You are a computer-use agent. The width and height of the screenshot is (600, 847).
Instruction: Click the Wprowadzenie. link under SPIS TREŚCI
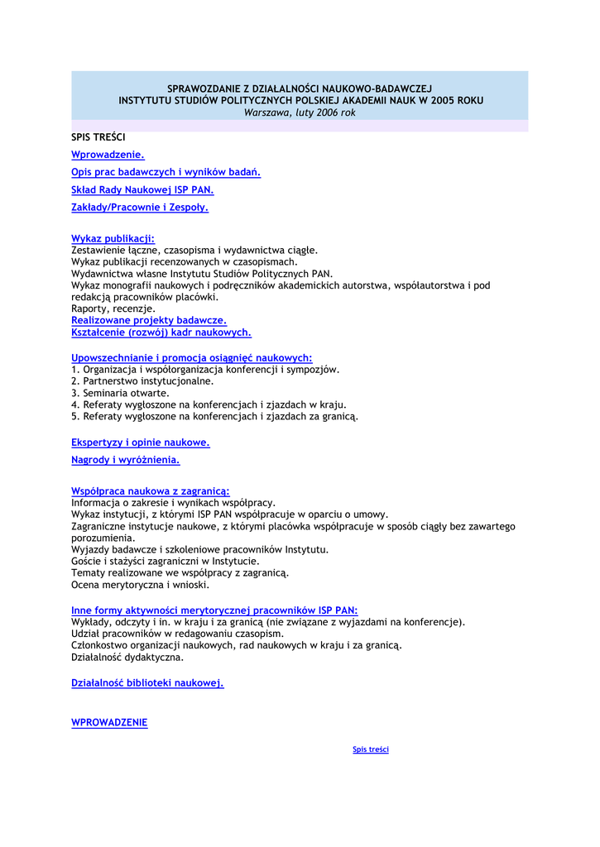click(x=108, y=155)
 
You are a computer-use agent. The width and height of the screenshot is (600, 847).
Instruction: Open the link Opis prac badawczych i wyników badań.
click(x=166, y=172)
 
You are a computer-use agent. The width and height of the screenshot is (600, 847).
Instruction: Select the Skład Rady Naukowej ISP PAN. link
click(x=142, y=189)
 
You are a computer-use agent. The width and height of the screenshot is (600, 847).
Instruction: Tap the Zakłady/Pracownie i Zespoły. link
click(x=140, y=208)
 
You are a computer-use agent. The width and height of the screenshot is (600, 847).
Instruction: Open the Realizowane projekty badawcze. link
click(x=149, y=319)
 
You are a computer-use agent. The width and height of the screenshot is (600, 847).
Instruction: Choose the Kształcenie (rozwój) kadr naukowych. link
click(x=161, y=332)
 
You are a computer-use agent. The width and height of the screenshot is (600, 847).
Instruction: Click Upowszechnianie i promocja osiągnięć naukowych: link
click(x=191, y=357)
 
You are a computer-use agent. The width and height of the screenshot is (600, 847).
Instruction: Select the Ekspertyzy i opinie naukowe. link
click(x=141, y=443)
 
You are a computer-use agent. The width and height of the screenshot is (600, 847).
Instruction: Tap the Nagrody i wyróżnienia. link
click(x=126, y=460)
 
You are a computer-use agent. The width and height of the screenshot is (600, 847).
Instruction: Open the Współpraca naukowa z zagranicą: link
click(x=151, y=490)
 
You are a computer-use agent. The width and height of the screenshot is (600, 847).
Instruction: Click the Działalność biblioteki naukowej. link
click(x=147, y=682)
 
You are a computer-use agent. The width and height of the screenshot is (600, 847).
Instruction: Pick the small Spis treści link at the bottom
click(x=371, y=749)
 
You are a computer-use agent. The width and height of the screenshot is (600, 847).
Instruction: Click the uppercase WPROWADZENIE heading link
click(x=109, y=722)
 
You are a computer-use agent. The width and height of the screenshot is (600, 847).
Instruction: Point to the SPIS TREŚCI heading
click(x=98, y=136)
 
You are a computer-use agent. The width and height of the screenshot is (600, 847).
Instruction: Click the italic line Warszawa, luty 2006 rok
click(x=300, y=112)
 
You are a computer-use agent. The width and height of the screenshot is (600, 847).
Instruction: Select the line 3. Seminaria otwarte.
click(x=120, y=393)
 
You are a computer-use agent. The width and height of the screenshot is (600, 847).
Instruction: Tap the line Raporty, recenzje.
click(x=113, y=309)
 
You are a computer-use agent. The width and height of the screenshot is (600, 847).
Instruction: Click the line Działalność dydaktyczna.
click(x=127, y=658)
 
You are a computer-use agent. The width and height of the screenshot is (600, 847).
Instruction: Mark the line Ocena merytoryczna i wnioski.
click(x=140, y=585)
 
